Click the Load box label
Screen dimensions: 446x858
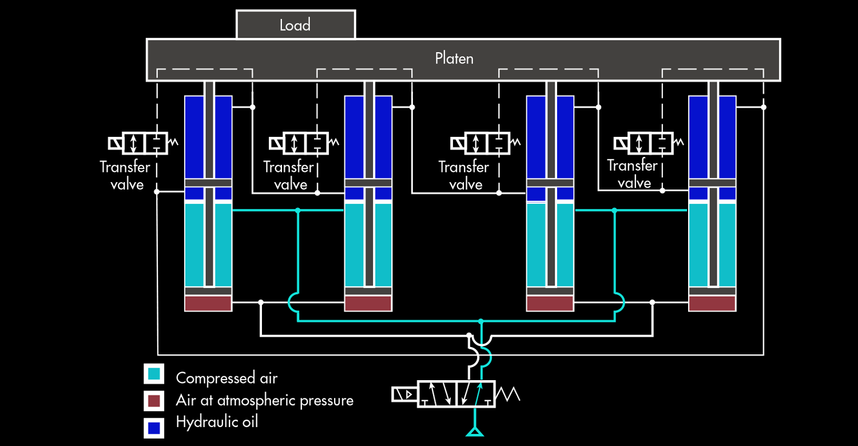295,25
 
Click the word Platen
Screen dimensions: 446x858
454,58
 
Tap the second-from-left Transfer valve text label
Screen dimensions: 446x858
289,175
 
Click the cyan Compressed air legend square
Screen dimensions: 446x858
154,374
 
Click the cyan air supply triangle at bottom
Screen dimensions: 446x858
475,431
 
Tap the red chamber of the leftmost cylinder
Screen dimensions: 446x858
208,303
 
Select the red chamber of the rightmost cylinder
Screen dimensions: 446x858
712,303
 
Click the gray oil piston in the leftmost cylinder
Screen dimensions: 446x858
208,183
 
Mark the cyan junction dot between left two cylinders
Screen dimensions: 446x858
297,211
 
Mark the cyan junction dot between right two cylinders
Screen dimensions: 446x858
614,211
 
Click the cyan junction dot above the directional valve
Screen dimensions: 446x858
481,321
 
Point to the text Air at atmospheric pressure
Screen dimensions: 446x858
264,400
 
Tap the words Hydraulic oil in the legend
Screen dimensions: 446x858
217,422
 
